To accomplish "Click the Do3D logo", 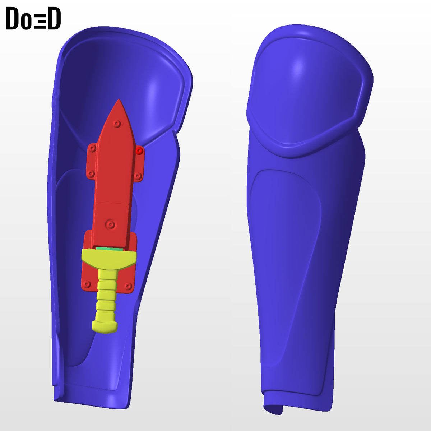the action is point(33,18).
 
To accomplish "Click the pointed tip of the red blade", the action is point(119,100).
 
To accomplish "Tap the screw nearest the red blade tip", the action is point(116,124).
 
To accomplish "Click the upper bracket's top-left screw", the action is point(92,148).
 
